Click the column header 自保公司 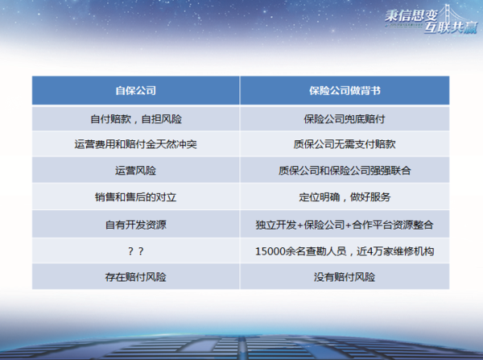[135, 91]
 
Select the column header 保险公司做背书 [345, 91]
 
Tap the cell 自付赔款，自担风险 [136, 119]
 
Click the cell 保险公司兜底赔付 [345, 119]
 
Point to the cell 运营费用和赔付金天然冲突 [135, 144]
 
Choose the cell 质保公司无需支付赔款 [345, 144]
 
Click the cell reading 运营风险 [135, 171]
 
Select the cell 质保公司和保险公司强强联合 [345, 171]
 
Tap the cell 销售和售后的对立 [135, 197]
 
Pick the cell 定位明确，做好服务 [345, 197]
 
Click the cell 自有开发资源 [135, 225]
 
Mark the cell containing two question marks [135, 251]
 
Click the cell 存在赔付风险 [135, 277]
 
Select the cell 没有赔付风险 [345, 277]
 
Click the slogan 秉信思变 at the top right [411, 16]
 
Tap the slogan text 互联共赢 [450, 27]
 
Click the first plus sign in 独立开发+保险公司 [299, 226]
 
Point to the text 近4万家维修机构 [395, 251]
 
